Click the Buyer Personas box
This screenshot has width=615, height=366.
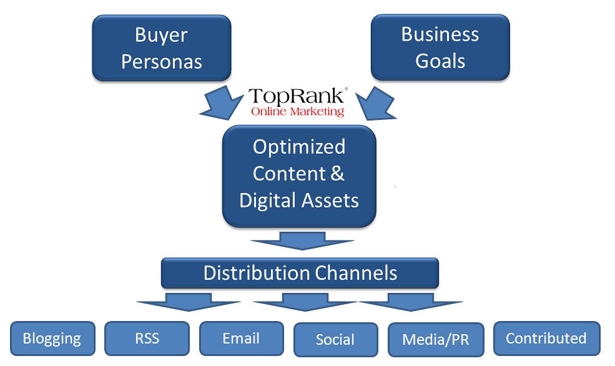[162, 47]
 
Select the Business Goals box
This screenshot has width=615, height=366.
[440, 47]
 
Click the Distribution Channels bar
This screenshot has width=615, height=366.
[300, 273]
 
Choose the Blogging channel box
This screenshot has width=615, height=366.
[52, 339]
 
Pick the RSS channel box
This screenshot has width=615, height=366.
[147, 338]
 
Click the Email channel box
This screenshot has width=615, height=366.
[241, 338]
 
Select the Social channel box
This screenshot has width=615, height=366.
[335, 339]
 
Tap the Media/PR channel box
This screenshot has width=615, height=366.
[435, 339]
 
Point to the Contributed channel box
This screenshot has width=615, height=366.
[546, 338]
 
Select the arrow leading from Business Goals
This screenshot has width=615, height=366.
[377, 102]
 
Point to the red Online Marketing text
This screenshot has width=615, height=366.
[297, 112]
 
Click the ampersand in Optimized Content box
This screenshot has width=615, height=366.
[337, 173]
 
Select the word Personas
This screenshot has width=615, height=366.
[162, 61]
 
